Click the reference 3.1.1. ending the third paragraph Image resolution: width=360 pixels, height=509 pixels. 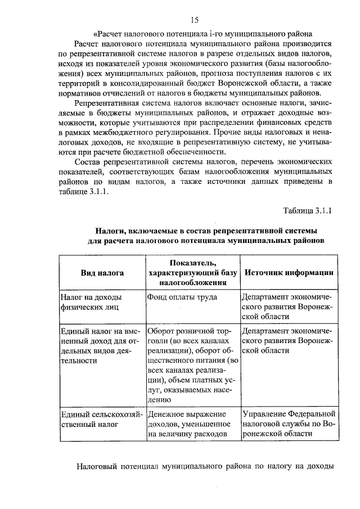point(89,192)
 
